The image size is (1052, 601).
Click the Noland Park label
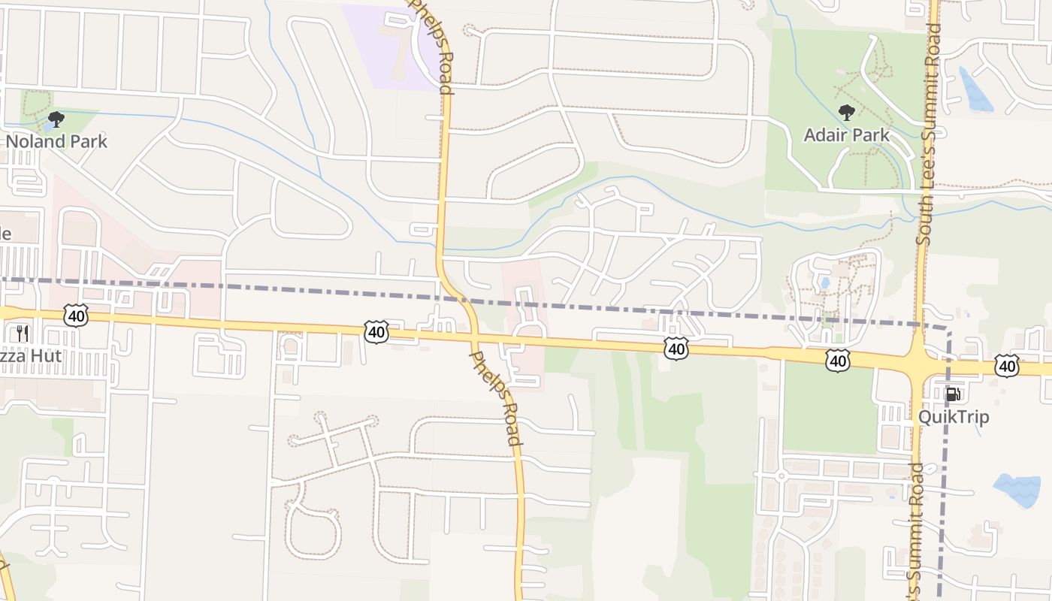pos(57,141)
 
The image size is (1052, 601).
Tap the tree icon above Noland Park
pos(56,119)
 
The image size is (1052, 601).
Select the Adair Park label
pos(847,135)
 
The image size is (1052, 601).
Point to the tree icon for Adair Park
pos(847,113)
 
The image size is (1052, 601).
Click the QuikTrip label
pos(954,417)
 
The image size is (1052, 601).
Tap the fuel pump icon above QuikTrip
pos(953,394)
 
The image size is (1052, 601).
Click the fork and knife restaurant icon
pos(23,333)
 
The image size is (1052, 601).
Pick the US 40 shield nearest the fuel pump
pos(1006,366)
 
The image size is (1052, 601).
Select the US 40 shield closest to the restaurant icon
pos(76,316)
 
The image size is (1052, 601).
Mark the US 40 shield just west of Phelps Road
pos(376,331)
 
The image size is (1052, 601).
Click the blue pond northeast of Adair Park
pos(976,89)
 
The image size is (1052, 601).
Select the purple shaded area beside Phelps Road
pos(391,45)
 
